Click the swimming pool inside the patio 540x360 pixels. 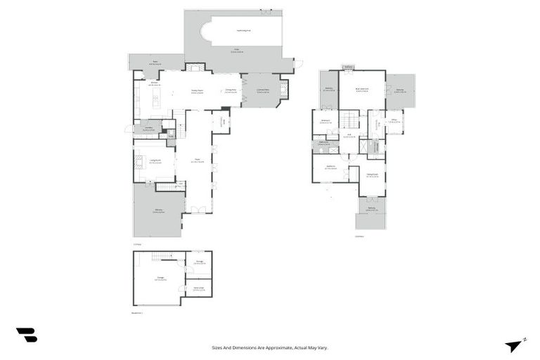pos(239,31)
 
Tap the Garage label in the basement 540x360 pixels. pos(161,279)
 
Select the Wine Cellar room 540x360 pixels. pos(198,289)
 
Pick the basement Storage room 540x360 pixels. pos(199,263)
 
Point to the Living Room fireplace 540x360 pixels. pos(138,161)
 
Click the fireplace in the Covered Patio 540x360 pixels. pos(284,89)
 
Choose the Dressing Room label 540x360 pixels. pos(372,175)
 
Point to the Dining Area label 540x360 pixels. pos(230,90)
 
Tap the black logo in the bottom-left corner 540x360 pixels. pos(27,335)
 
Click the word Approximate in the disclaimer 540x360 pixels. pos(281,347)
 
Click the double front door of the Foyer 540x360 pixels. pos(199,210)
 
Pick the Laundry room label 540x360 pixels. pos(150,129)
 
